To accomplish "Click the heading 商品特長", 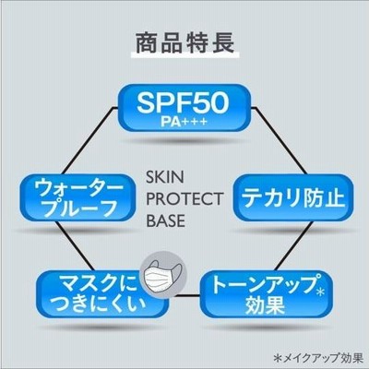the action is click(185, 43).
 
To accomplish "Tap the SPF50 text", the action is click(184, 102).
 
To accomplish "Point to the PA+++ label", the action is click(184, 122).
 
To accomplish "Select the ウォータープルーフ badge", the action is click(78, 197).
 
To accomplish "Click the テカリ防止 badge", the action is click(293, 197).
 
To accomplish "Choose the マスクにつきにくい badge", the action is click(101, 293).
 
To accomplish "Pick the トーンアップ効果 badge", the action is click(267, 293).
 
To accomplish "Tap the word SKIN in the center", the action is click(165, 177).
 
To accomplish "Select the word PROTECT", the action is click(184, 199).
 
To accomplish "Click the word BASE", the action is click(165, 220).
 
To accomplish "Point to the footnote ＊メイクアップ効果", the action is click(317, 359).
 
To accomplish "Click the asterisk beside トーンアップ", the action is click(320, 292).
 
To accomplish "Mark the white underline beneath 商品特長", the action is click(185, 55).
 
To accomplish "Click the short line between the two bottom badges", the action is click(184, 296).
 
